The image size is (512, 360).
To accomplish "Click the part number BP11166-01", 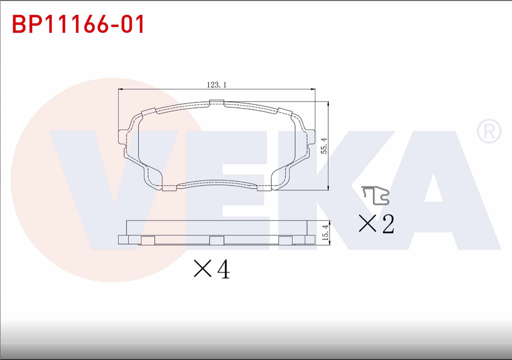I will tap(78, 24).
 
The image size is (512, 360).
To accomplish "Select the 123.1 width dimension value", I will tap(217, 86).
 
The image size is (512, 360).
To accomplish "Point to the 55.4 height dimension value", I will tap(323, 146).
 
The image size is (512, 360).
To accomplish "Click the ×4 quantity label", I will tap(211, 269).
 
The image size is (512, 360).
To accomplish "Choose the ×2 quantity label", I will tap(376, 224).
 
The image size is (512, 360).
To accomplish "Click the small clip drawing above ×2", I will tap(375, 194).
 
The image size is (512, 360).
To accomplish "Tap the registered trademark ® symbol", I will tap(488, 132).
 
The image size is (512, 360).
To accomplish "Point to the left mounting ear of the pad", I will tap(122, 137).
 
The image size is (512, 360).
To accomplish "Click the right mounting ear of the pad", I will tap(311, 137).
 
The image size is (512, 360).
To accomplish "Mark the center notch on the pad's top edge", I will tap(217, 104).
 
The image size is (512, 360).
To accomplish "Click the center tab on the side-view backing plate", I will tap(217, 240).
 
